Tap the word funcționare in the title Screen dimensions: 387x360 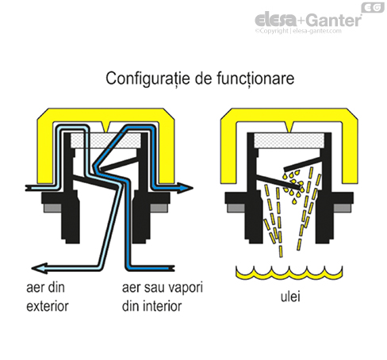(255, 79)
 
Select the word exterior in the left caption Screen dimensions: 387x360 (48, 306)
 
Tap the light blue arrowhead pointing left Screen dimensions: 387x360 (40, 268)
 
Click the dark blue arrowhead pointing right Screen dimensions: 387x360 (185, 188)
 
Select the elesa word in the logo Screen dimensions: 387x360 (276, 20)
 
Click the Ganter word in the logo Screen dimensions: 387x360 (335, 20)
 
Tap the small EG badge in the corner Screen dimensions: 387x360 (373, 7)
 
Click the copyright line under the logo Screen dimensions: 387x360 (298, 31)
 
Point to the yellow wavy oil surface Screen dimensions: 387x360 (289, 273)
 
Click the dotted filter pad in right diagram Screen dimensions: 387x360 (289, 140)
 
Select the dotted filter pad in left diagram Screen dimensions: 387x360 (105, 140)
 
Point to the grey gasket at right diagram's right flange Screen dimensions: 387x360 (343, 208)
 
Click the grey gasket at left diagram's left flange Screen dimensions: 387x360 (52, 208)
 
